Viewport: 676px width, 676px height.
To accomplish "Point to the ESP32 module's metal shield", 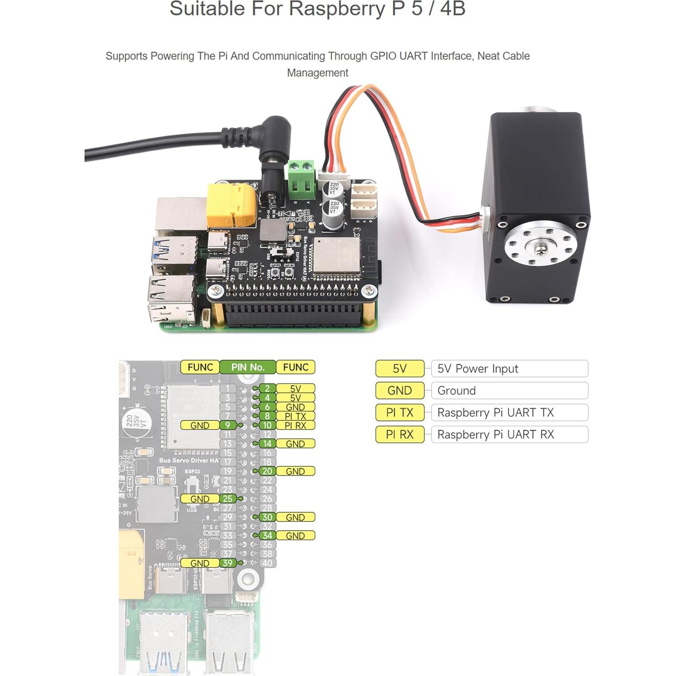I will (336, 255).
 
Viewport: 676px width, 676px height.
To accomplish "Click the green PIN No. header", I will (248, 367).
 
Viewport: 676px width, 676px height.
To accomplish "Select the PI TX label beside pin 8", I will (296, 416).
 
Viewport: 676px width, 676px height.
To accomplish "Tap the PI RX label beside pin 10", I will (296, 425).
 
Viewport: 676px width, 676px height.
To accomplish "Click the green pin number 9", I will (228, 425).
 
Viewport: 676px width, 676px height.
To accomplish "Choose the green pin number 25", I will (228, 499).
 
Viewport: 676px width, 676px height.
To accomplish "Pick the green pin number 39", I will (228, 563).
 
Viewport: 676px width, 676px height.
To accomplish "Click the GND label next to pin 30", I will (296, 517).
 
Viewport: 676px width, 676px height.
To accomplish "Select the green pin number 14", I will (268, 444).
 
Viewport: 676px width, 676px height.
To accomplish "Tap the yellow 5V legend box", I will (399, 369).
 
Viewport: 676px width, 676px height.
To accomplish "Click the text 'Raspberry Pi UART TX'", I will (495, 413).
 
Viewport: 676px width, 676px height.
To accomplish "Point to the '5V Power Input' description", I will (478, 369).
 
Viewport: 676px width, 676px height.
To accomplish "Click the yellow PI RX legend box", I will (399, 435).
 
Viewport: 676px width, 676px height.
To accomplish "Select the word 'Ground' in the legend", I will (456, 391).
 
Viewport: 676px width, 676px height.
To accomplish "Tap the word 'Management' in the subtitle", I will (318, 73).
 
